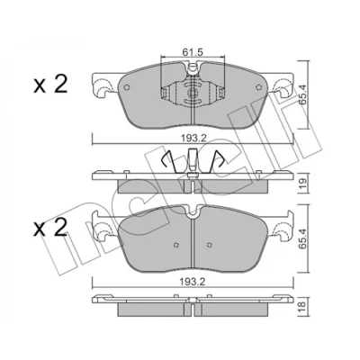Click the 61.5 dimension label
click(193, 52)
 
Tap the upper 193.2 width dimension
click(193, 138)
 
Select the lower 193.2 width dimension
click(193, 282)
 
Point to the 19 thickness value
click(302, 183)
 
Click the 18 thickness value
click(302, 305)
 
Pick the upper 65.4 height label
click(302, 94)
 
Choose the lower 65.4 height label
click(302, 238)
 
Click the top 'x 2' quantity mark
click(50, 84)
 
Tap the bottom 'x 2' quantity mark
click(50, 229)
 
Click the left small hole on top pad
click(126, 87)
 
